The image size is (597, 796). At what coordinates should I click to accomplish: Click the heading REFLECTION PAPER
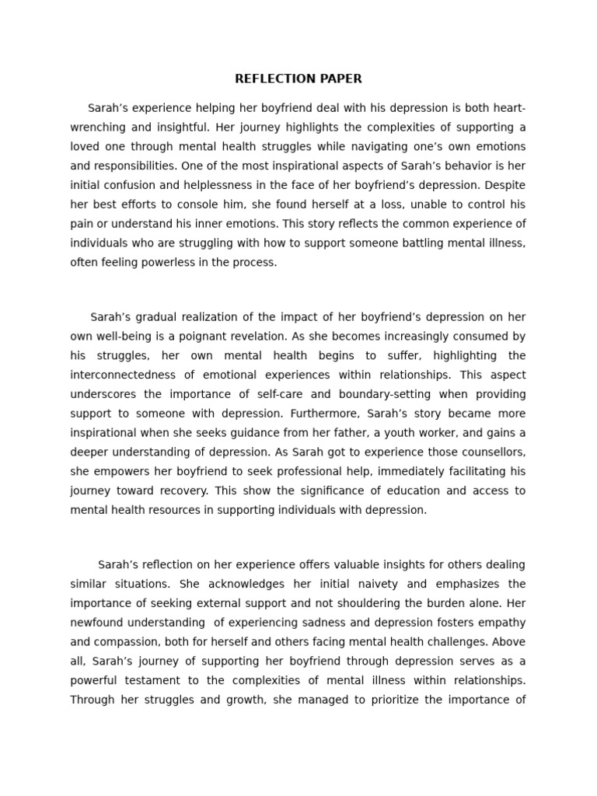(x=298, y=79)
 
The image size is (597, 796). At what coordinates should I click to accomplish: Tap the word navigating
(x=389, y=147)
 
